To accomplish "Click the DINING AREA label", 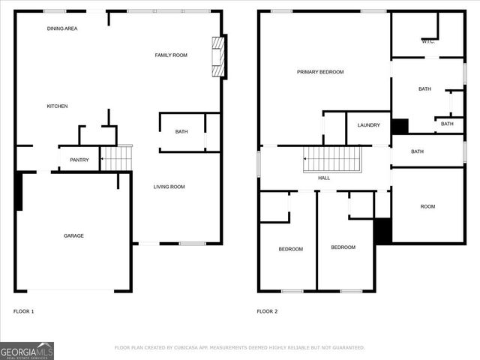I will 62,28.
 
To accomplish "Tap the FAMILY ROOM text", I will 171,55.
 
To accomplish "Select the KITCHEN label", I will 58,106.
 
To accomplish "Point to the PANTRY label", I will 79,160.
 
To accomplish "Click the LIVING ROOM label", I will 169,187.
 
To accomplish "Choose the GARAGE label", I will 73,235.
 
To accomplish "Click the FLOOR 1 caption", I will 24,311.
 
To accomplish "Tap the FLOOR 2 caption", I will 267,311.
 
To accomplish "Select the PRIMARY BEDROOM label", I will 320,72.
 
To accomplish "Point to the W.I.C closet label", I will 427,42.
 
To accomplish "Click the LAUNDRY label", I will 368,125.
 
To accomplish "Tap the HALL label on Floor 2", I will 324,178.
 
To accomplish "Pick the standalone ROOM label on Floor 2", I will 427,206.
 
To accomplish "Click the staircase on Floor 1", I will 116,158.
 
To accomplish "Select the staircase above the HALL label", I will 332,159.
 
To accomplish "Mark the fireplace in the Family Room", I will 218,56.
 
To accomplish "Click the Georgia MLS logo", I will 27,350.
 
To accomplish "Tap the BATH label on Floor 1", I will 181,132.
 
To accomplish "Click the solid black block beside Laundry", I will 400,126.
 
